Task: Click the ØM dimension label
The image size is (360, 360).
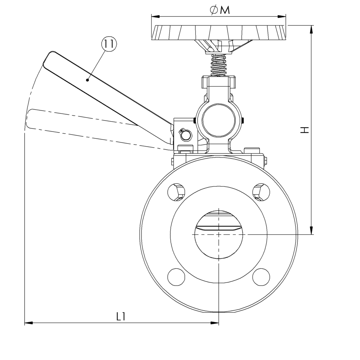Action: coord(220,11)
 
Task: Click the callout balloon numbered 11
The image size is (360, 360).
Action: coord(109,45)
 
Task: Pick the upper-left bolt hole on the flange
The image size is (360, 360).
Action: coord(176,192)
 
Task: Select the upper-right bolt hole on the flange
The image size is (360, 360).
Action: coord(261,192)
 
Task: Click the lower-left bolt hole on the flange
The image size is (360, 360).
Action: coord(176,277)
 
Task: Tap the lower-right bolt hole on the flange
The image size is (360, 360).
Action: coord(261,277)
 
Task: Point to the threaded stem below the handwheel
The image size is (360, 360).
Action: coord(219,65)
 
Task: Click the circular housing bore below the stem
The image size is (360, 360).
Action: coord(219,121)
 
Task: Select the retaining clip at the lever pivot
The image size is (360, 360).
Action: coord(185,134)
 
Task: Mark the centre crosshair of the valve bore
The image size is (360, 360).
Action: coord(219,234)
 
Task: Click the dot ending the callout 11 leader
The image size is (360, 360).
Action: coord(87,80)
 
